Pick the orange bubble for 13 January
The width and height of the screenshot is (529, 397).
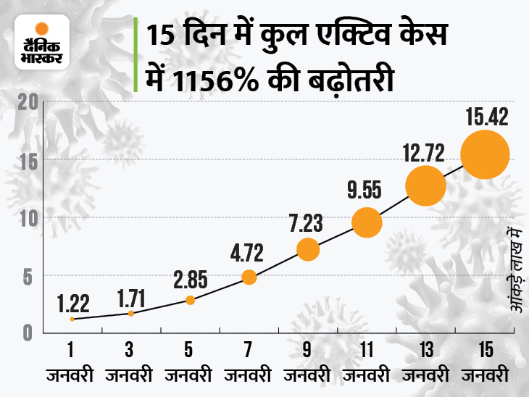coord(425,186)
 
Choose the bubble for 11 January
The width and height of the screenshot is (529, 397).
coord(366,222)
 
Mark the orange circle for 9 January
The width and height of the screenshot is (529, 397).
coord(308,249)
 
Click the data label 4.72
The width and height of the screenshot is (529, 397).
coord(248,253)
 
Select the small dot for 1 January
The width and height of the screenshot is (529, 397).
coord(72,319)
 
